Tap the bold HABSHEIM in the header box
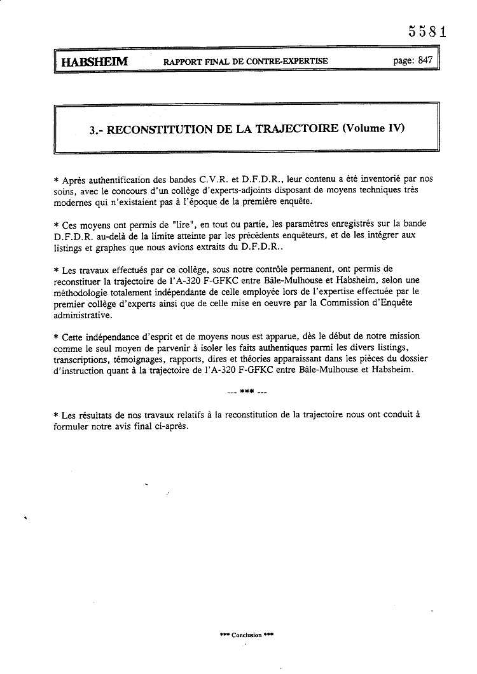pos(95,62)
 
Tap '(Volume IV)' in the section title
pos(373,128)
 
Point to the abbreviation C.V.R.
pos(220,180)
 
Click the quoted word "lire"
pos(186,225)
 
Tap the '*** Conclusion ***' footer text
pos(245,635)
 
